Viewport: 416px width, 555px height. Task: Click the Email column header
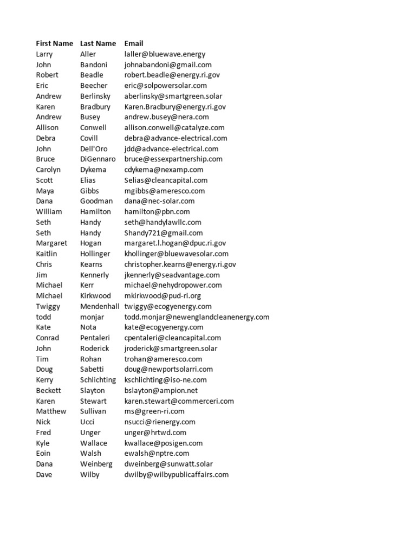coord(134,43)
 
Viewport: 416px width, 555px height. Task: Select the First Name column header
coord(54,43)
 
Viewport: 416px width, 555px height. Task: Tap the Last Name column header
coord(98,43)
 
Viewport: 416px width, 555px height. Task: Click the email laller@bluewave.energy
coord(165,54)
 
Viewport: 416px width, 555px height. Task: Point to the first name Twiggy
coord(48,306)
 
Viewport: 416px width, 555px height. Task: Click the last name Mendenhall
coord(100,306)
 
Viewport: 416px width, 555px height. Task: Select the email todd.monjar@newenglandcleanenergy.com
coord(197,317)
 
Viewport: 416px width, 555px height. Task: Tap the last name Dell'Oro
coord(94,149)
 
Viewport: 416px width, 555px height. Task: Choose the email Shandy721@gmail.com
coord(164,233)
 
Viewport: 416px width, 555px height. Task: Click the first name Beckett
coord(49,390)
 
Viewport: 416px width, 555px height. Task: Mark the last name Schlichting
coord(98,380)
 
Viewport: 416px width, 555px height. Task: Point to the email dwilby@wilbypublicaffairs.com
coord(177,475)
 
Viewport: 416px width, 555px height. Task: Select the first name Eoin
coord(43,454)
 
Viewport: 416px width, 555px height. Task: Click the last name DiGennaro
coord(98,159)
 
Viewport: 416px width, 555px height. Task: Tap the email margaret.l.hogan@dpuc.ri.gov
coord(175,243)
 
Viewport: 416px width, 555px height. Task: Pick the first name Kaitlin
coord(47,254)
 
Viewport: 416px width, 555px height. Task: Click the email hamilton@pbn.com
coord(157,212)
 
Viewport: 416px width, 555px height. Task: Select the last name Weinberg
coord(96,464)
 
